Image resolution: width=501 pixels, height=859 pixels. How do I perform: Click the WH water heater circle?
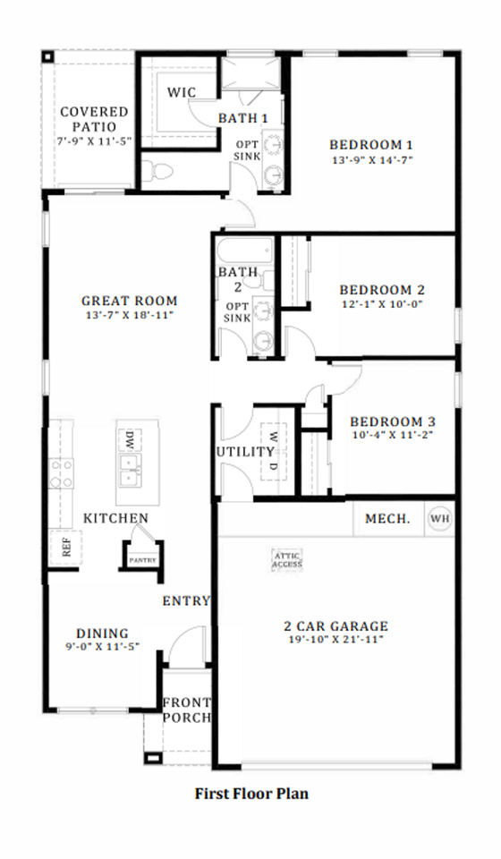pos(439,518)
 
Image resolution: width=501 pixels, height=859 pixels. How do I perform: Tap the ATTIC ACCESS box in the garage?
pos(287,559)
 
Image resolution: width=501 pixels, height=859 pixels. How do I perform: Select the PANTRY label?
pos(142,560)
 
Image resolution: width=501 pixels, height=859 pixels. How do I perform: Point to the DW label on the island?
pos(129,439)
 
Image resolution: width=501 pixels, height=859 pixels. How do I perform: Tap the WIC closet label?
pos(182,93)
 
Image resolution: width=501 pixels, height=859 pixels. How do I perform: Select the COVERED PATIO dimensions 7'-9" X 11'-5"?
pos(94,141)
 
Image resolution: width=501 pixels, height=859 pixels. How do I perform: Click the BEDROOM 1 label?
pos(370,144)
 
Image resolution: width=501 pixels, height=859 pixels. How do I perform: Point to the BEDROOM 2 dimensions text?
pos(381,303)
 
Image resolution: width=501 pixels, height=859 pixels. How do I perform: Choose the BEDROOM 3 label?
pos(393,421)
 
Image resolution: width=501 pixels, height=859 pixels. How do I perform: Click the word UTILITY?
pos(244,451)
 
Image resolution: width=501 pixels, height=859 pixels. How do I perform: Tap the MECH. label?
pos(387,518)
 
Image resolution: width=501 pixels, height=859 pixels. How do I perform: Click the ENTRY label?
pos(185,600)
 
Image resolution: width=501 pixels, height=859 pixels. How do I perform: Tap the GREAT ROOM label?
pos(129,301)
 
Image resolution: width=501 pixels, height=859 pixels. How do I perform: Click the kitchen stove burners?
pos(61,473)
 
